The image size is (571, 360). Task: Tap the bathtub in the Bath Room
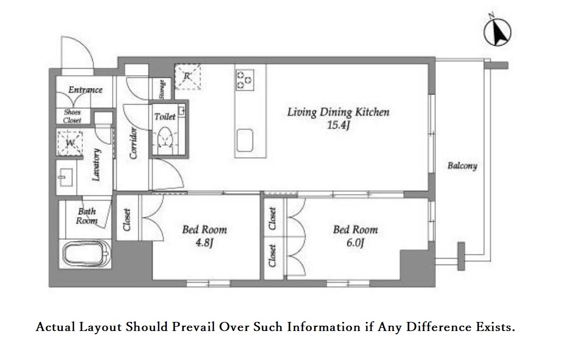pos(87,254)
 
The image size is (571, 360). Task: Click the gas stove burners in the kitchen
pos(244,80)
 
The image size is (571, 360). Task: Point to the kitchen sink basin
pos(244,140)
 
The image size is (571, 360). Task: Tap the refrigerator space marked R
pos(187,77)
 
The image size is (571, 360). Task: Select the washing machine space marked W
pos(70,143)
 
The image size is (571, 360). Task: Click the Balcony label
pos(462,166)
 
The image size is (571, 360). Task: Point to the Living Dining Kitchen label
pos(338,112)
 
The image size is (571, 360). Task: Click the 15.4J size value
pos(338,125)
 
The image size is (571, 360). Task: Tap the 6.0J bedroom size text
pos(355,243)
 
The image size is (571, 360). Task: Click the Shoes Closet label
pos(72,116)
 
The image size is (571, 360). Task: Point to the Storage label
pos(162,89)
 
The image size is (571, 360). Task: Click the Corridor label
pos(134,143)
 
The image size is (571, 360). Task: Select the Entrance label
pos(85,90)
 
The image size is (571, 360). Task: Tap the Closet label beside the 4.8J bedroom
pos(127,220)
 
